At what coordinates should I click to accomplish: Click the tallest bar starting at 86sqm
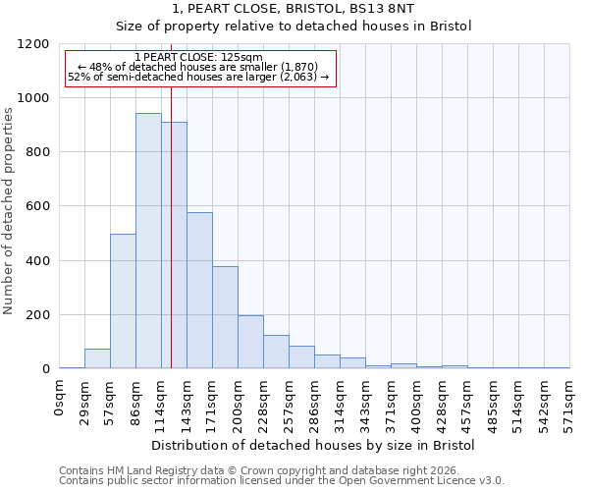point(148,241)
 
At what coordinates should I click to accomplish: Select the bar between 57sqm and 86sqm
point(123,301)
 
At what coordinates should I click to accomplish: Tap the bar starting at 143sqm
point(199,291)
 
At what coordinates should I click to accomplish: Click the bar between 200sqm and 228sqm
point(250,342)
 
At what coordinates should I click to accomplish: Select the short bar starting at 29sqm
point(97,358)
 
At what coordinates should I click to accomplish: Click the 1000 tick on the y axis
point(34,98)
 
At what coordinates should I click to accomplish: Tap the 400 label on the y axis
point(38,261)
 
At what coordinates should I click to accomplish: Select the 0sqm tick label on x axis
point(60,399)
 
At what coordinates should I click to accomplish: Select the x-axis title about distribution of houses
point(313,446)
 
